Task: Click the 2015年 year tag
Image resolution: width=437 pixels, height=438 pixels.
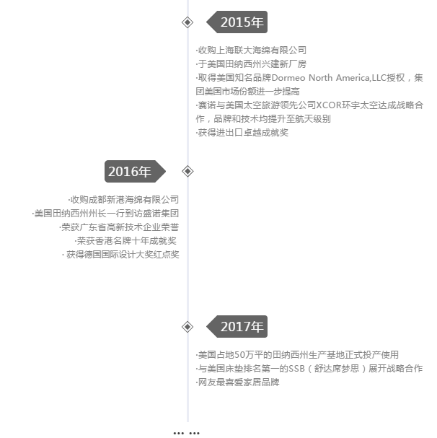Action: coord(237,22)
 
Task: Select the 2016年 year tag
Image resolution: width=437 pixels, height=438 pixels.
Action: coord(135,171)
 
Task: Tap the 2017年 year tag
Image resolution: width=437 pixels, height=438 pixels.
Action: coord(237,327)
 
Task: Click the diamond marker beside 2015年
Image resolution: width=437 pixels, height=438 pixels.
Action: coord(187,22)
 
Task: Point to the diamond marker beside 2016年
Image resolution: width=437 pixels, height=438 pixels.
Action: coord(187,171)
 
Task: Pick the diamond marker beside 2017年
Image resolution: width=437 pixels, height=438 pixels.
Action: coord(187,327)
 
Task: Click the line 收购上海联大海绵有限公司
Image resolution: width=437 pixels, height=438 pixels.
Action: coord(251,51)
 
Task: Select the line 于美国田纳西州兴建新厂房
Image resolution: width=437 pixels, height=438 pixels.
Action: coord(251,64)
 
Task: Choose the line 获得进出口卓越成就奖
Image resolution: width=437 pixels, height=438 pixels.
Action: coord(242,133)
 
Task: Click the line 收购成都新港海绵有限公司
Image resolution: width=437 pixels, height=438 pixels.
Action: coord(123,200)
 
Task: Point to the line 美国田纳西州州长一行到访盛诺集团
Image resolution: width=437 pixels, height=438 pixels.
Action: coord(105,214)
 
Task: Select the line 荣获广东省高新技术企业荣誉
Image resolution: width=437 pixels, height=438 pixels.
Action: coord(119,227)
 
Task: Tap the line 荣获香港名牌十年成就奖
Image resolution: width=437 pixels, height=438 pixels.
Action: coord(125,241)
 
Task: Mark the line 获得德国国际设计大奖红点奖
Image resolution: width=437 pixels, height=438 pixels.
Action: coord(120,255)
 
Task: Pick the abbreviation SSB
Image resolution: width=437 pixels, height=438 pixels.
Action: coord(296,369)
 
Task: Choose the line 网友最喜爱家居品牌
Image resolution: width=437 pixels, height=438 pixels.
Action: coord(238,382)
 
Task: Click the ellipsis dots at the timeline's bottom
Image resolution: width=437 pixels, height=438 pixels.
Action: coord(187,433)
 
